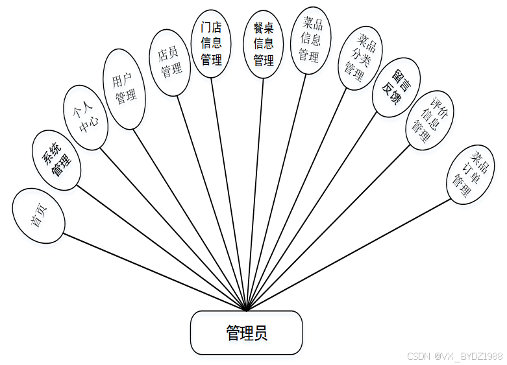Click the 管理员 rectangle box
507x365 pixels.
tap(246, 333)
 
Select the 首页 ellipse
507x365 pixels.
tap(38, 216)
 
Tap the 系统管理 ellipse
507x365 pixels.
tap(56, 160)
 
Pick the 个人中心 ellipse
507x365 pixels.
tap(86, 119)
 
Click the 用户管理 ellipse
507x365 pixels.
tap(125, 89)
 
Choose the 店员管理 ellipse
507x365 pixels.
tap(170, 63)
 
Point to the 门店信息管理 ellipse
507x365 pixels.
tap(211, 44)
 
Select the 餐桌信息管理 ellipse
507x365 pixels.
tap(263, 44)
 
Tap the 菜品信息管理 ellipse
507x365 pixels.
tap(308, 40)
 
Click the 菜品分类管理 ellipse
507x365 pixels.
tap(361, 58)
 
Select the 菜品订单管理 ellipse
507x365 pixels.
tap(469, 174)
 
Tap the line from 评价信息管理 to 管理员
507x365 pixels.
tap(328, 227)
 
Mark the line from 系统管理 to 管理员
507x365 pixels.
tap(160, 248)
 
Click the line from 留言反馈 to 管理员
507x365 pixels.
tap(312, 211)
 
